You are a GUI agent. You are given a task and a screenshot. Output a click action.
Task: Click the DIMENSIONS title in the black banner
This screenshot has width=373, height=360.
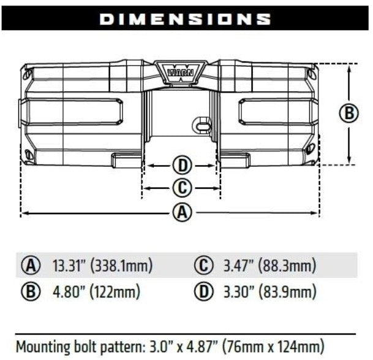[186, 18]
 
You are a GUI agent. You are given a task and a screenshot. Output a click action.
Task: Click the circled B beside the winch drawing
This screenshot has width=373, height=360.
[349, 113]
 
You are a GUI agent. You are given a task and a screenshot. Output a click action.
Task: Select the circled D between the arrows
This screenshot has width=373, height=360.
[181, 165]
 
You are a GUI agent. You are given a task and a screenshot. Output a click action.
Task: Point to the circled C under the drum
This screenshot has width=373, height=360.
[181, 188]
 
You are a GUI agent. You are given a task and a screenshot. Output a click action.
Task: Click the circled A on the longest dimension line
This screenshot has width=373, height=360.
[181, 213]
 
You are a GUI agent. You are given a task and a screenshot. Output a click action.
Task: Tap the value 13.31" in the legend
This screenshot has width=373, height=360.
[69, 266]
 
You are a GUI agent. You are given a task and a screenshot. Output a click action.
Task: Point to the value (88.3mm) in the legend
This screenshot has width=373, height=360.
[287, 266]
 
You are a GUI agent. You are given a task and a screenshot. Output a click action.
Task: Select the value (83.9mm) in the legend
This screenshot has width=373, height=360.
[287, 291]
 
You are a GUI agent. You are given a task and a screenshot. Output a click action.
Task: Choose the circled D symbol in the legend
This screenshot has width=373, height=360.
[203, 291]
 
